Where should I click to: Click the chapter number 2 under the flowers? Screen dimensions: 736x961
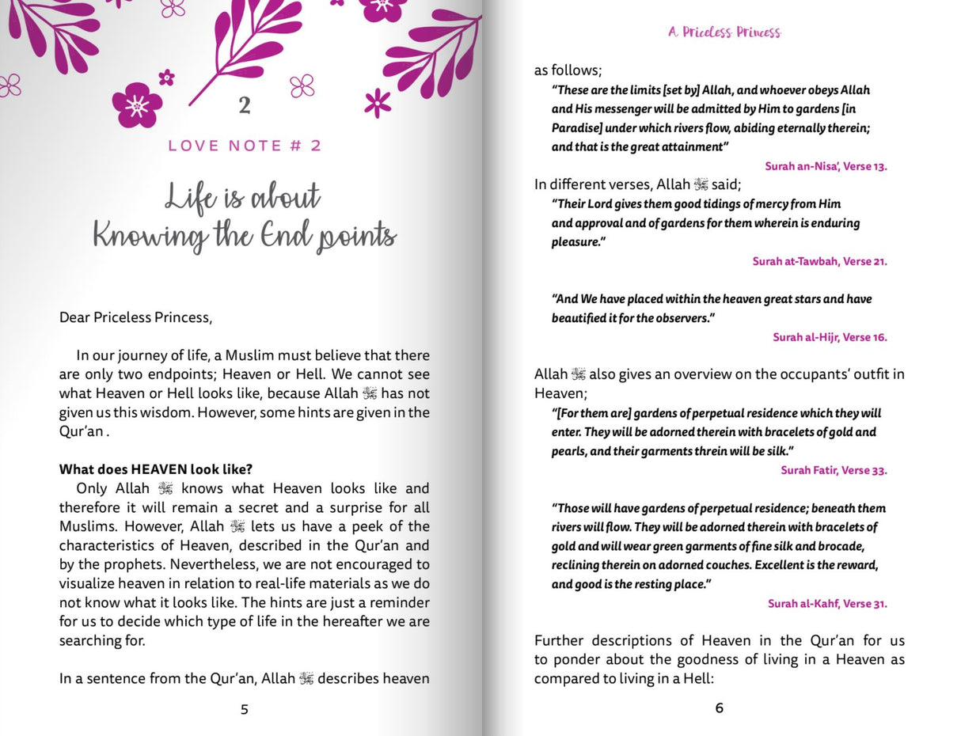pos(245,105)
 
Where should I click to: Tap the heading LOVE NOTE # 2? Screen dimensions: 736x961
pos(245,146)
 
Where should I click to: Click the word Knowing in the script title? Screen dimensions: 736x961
pos(150,235)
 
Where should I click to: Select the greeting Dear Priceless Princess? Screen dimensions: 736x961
pos(135,317)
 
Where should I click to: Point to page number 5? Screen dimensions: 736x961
pos(244,709)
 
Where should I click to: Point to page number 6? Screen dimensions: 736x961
pos(719,708)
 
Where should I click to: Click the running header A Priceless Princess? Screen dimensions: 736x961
pos(724,32)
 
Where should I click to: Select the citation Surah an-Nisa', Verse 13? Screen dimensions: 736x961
pos(826,166)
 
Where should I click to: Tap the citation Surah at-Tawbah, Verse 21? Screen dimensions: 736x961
pos(819,261)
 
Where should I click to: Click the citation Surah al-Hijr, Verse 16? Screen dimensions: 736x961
pos(830,337)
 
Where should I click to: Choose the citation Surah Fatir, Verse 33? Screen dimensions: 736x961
pos(834,470)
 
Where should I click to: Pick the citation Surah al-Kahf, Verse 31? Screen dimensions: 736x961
pos(827,603)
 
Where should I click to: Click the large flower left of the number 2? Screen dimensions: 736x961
pos(137,104)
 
